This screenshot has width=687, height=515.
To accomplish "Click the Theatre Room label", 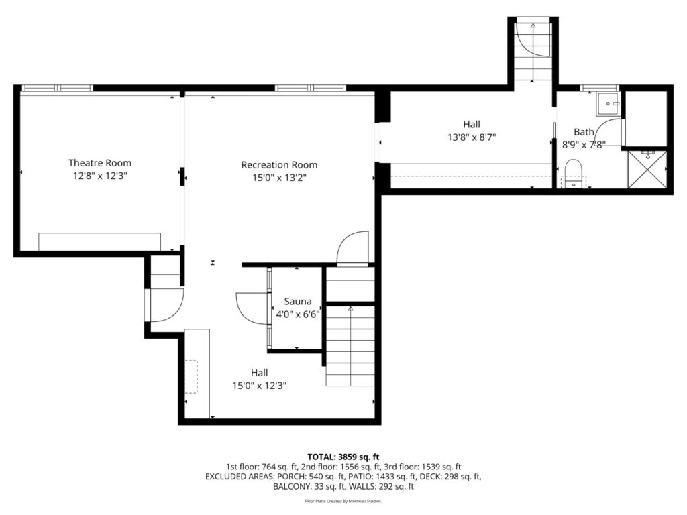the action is pyautogui.click(x=100, y=163).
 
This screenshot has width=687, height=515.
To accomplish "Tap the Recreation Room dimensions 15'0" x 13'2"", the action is pyautogui.click(x=279, y=178).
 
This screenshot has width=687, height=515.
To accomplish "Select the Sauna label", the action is pyautogui.click(x=298, y=301).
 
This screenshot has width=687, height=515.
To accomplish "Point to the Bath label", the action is pyautogui.click(x=584, y=132).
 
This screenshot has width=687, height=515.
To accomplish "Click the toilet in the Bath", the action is pyautogui.click(x=573, y=174).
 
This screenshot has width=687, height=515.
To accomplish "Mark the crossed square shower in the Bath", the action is pyautogui.click(x=647, y=170).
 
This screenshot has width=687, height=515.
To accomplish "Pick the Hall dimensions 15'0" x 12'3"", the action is pyautogui.click(x=260, y=386).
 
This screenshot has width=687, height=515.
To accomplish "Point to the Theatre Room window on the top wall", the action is pyautogui.click(x=58, y=88).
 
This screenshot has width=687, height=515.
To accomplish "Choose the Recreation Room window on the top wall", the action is pyautogui.click(x=311, y=88).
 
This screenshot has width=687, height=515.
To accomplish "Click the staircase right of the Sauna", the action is pyautogui.click(x=350, y=346).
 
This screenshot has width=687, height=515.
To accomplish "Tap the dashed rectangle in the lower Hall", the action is pyautogui.click(x=191, y=377).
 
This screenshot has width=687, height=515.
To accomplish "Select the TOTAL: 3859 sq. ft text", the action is pyautogui.click(x=343, y=457).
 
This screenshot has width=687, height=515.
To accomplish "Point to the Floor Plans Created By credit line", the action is pyautogui.click(x=343, y=501).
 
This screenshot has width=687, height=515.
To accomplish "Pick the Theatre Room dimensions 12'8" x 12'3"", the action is pyautogui.click(x=100, y=176).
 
